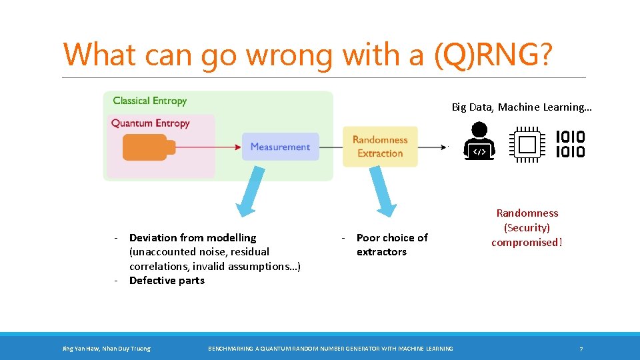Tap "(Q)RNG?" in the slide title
492,55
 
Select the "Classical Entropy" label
149,101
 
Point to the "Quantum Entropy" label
150,123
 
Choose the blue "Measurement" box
280,147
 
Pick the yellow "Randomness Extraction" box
379,147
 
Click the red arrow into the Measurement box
207,147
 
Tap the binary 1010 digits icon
570,144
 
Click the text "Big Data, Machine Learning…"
521,107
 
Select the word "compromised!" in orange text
527,243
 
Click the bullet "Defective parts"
167,281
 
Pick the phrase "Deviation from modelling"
193,238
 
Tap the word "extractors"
381,252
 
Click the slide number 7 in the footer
581,349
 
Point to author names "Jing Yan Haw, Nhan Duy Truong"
106,349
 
